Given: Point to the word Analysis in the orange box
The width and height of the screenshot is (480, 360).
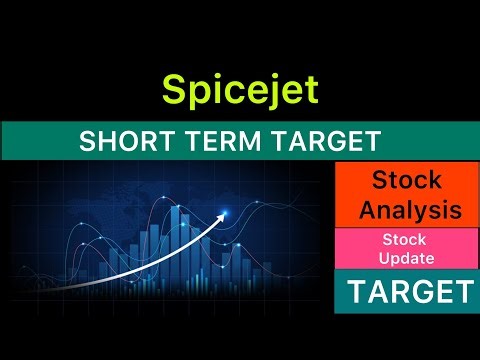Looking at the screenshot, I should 410,210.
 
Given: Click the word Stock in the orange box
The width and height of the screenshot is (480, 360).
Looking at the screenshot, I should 410,181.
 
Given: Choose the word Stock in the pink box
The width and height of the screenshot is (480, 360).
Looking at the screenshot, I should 404,240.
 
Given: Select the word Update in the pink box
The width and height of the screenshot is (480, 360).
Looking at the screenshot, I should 404,259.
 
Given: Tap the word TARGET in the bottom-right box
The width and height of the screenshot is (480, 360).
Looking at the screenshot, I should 409,292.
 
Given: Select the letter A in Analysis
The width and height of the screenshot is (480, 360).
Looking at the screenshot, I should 367,210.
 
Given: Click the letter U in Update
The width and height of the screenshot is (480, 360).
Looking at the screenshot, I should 385,259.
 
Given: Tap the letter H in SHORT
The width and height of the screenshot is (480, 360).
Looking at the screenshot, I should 103,142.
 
